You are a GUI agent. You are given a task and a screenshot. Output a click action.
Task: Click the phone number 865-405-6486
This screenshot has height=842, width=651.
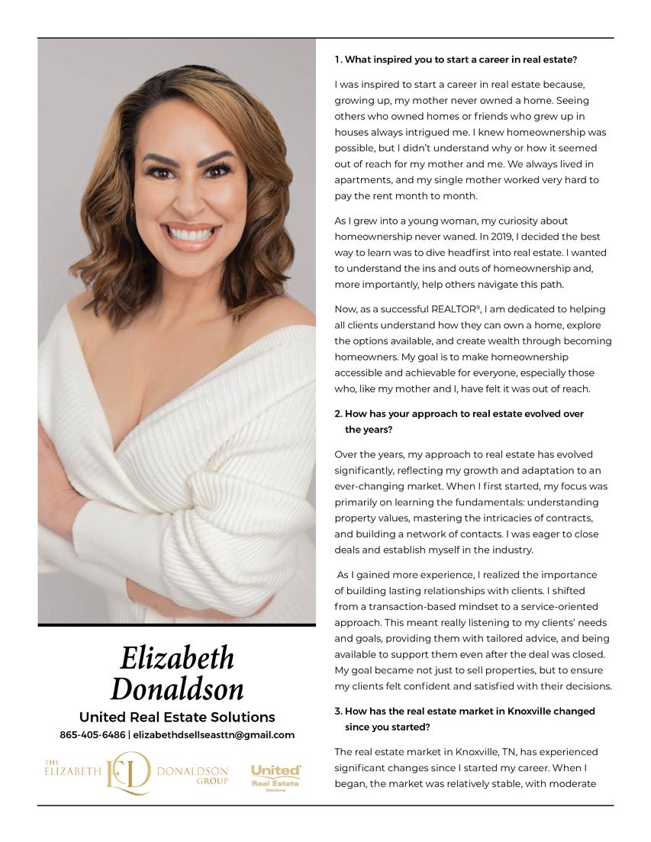92,735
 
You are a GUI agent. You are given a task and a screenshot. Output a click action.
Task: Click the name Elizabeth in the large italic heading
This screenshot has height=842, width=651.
177,658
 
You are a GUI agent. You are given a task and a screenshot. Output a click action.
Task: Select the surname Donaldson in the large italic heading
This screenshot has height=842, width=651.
177,689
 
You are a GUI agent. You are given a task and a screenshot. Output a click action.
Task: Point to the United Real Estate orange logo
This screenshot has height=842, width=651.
276,777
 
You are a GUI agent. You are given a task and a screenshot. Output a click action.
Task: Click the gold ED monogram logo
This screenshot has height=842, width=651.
128,773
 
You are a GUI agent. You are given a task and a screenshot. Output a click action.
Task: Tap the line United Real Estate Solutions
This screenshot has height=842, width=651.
177,717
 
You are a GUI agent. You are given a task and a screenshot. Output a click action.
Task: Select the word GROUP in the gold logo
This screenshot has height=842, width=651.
211,781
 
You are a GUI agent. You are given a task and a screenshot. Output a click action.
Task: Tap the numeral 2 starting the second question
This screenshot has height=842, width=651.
337,414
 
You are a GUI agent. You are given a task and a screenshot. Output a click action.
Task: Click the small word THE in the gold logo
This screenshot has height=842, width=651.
52,763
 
